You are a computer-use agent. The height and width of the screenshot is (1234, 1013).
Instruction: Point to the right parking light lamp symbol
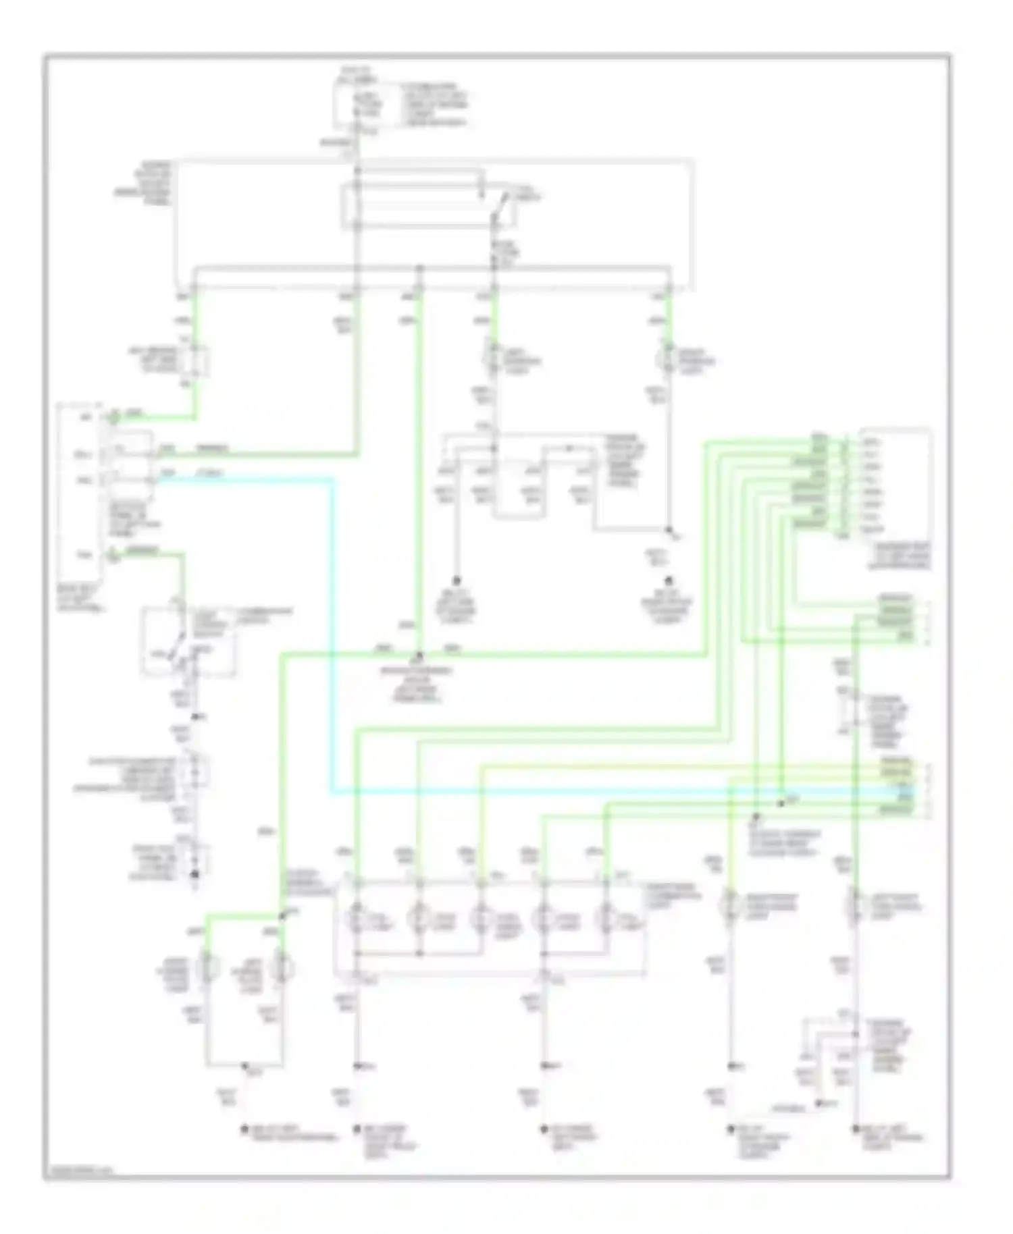pyautogui.click(x=669, y=357)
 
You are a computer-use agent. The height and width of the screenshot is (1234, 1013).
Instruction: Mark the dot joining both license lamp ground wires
pyautogui.click(x=244, y=1066)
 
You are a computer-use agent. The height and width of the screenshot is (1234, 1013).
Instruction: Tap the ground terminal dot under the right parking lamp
pyautogui.click(x=669, y=580)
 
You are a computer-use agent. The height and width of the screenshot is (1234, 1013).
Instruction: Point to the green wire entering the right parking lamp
pyautogui.click(x=669, y=317)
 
